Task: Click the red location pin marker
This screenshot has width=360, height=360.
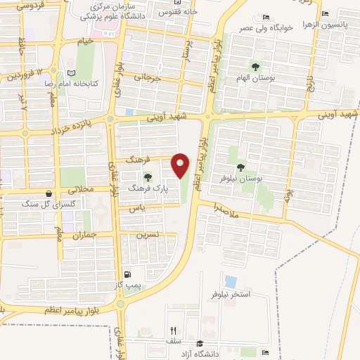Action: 181,165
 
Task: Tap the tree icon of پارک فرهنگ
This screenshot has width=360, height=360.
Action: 148,176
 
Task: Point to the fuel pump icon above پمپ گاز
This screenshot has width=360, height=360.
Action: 127,274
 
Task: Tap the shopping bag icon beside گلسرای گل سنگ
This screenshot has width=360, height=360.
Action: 48,193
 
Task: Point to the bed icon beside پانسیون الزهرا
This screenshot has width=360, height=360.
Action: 324,13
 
